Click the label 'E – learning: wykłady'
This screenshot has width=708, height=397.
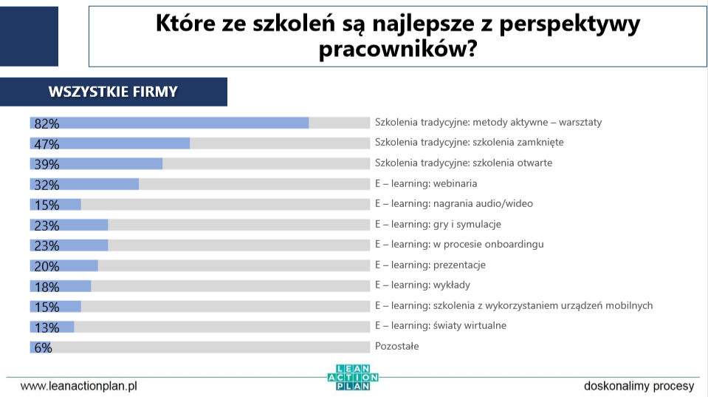[422, 285]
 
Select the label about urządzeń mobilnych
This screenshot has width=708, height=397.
[514, 305]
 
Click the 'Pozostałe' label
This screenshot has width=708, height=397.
[396, 345]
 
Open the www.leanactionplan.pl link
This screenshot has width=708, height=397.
[79, 386]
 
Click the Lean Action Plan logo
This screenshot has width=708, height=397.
[353, 377]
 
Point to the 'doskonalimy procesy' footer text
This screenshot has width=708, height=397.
[639, 386]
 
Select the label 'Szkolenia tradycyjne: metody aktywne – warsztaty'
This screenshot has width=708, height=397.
[488, 122]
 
